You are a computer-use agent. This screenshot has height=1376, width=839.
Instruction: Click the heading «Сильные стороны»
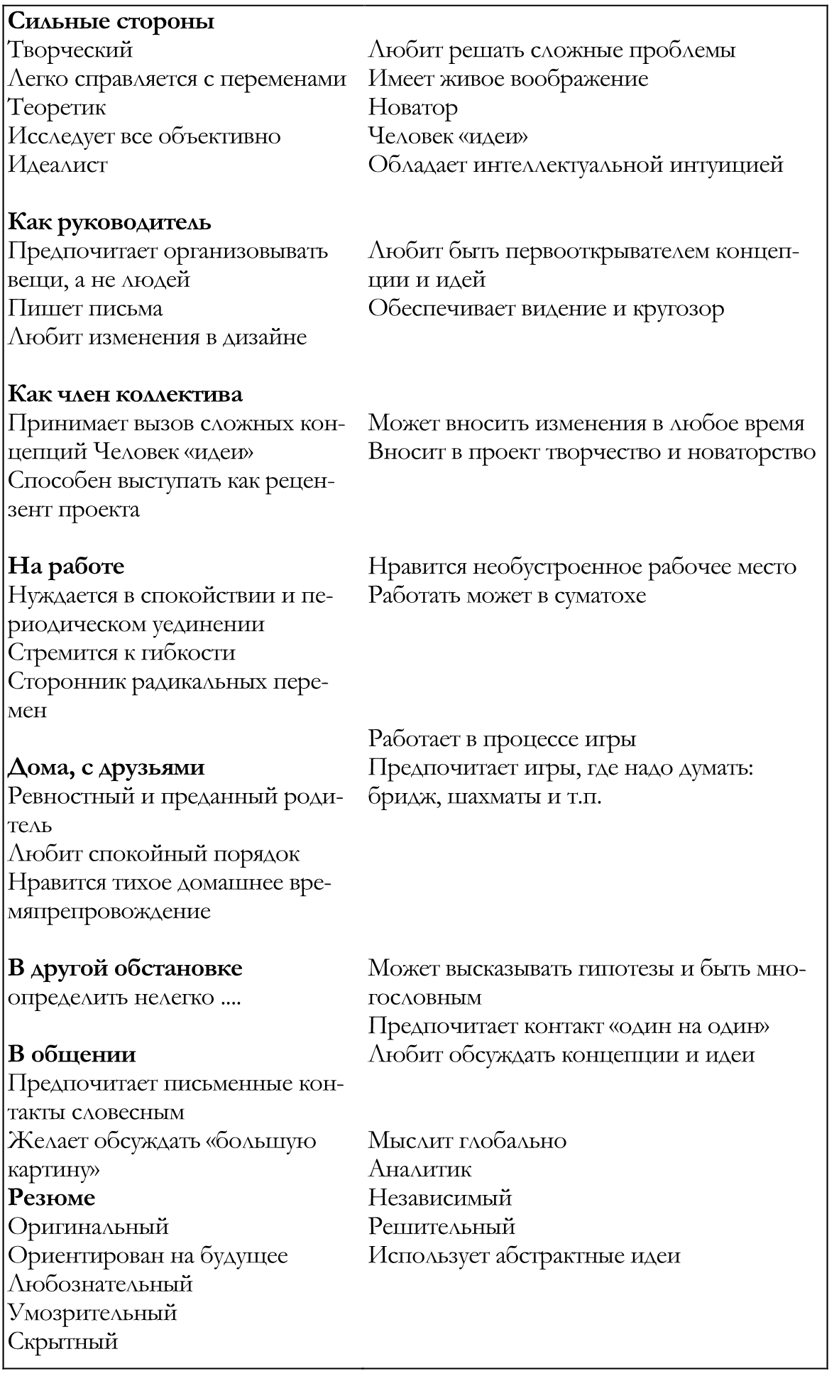111,21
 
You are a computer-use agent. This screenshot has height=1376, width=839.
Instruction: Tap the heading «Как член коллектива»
125,394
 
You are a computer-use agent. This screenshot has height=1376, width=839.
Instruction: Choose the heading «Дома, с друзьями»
106,768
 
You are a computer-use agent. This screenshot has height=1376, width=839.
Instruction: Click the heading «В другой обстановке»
125,968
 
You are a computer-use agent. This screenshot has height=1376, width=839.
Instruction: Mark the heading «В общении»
72,1054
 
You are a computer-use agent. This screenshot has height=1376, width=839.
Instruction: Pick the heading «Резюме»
51,1198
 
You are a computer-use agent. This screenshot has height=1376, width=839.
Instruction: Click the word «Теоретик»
57,108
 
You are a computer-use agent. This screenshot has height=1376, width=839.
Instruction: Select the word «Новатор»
413,108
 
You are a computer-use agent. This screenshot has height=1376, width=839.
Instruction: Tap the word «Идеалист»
57,165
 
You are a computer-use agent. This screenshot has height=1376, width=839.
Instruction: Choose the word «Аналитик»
419,1169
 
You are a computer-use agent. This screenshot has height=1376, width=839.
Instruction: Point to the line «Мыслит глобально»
467,1141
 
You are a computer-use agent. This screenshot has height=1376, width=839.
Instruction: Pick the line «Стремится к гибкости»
121,652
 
